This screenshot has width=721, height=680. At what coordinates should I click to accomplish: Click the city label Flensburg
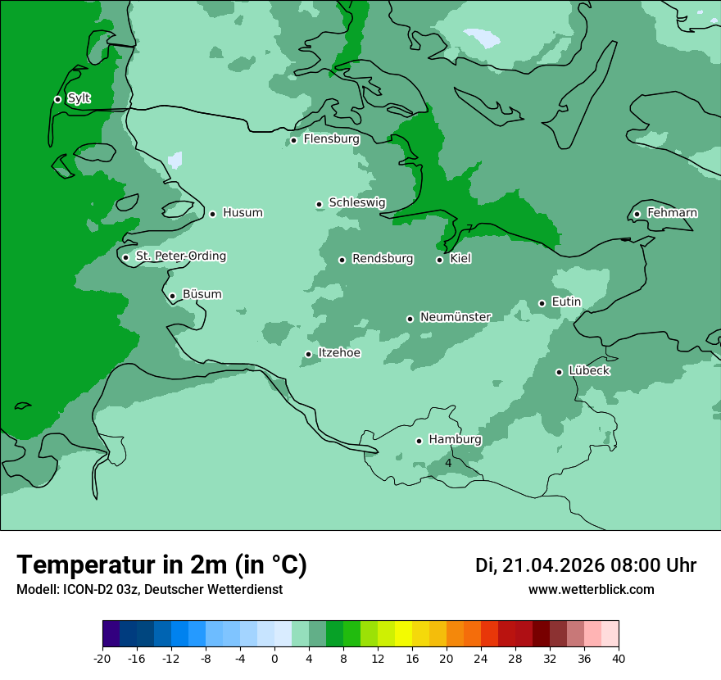[331, 139]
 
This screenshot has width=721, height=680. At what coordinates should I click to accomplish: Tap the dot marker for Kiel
[440, 260]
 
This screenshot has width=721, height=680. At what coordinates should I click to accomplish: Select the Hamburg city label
[455, 440]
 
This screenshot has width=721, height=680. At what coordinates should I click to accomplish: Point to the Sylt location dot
[57, 99]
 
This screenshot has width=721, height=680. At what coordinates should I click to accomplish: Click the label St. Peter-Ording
[180, 256]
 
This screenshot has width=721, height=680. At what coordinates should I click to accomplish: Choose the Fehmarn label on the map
[672, 213]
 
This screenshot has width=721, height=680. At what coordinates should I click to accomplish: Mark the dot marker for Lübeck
[559, 372]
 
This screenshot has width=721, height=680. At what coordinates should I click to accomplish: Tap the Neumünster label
[455, 317]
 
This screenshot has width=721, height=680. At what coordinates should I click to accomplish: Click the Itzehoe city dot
[308, 354]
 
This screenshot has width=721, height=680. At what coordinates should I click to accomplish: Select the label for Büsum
[202, 295]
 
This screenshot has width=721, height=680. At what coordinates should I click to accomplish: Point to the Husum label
[243, 213]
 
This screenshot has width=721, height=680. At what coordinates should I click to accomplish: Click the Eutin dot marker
[542, 303]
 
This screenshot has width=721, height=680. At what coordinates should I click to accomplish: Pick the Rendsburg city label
[383, 259]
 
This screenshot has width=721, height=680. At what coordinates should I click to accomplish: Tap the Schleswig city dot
[319, 204]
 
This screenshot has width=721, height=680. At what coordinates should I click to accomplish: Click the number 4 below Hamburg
[448, 464]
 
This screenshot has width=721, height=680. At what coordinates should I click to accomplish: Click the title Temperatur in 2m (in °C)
[161, 565]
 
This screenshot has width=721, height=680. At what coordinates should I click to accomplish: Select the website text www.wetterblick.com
[591, 590]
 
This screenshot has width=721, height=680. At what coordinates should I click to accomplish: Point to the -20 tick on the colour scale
[102, 659]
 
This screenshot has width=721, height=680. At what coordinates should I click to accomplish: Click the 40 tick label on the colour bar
[619, 659]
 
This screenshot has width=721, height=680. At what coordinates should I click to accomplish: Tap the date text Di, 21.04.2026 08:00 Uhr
[586, 565]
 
